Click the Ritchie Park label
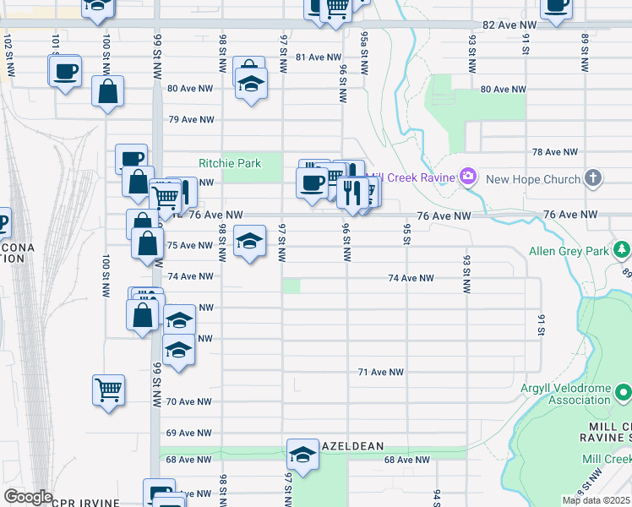pos(230,163)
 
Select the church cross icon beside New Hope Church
pos(594,178)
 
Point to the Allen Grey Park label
pos(569,251)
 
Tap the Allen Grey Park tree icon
pos(622,249)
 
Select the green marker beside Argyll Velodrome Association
pos(623,392)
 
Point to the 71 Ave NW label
pos(381,372)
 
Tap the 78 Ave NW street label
pos(555,152)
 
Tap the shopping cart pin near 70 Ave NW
pos(108,390)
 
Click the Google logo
pos(28,497)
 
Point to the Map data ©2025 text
pos(596,500)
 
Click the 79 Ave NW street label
pos(190,120)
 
